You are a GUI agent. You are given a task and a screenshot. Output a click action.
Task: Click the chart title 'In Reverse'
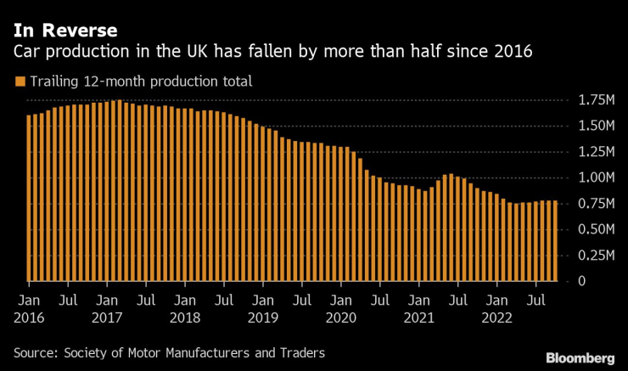tap(64, 31)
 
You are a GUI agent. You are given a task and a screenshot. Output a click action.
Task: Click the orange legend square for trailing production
tap(19, 82)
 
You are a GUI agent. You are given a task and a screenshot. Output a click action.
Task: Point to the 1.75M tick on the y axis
tap(597, 100)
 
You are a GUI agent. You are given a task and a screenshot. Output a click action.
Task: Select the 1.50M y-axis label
tap(597, 126)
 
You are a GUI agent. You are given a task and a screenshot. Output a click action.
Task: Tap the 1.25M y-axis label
tap(597, 151)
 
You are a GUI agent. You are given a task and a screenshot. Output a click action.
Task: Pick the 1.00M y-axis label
tap(597, 177)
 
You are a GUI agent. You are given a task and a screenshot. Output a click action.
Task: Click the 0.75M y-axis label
tap(597, 204)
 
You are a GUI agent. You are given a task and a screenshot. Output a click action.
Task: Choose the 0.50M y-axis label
tap(597, 229)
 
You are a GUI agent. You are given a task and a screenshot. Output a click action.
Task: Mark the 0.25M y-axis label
tap(597, 255)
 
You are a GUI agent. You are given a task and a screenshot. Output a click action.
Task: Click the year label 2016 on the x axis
tap(29, 318)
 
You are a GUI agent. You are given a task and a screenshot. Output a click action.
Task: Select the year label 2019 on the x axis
tap(263, 318)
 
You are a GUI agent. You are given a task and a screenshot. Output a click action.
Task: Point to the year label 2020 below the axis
tap(341, 318)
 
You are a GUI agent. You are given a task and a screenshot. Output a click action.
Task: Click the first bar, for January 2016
tap(29, 197)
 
